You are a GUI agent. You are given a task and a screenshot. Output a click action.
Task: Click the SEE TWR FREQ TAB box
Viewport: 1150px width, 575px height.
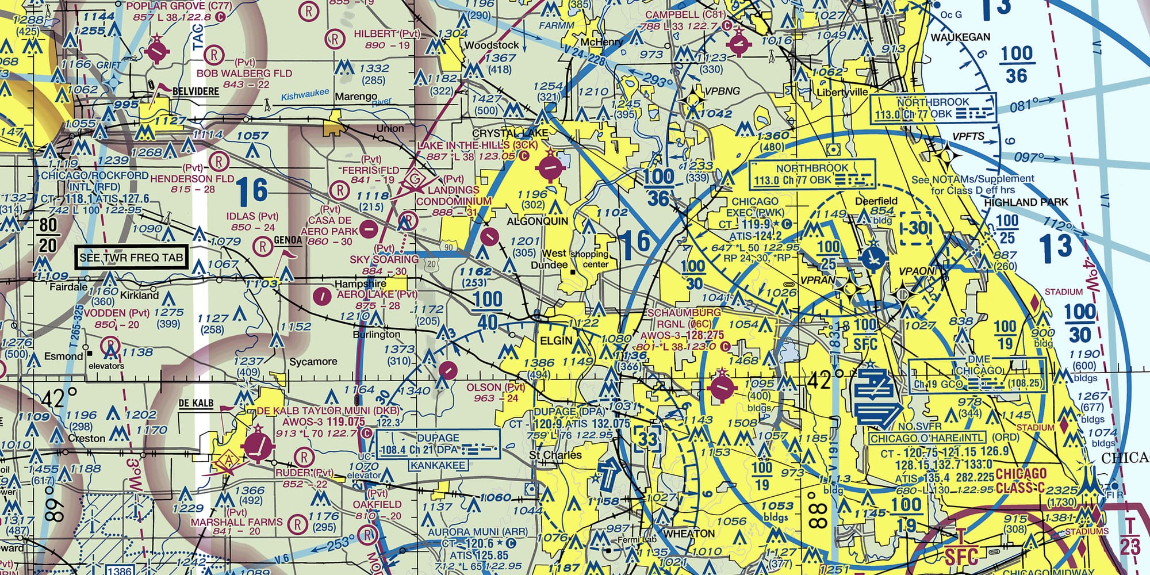point(132,257)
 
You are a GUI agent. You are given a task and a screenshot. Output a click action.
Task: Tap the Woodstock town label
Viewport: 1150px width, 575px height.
point(491,45)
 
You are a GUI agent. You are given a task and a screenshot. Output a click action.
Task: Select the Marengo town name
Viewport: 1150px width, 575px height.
point(356,96)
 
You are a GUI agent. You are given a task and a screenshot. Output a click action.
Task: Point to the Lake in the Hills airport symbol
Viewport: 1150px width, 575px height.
point(551,168)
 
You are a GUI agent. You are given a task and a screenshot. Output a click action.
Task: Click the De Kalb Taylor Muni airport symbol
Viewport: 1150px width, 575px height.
point(258,446)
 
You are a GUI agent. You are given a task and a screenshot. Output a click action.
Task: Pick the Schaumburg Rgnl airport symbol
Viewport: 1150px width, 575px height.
point(721,388)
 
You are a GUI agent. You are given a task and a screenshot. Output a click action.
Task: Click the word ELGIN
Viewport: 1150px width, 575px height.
point(556,340)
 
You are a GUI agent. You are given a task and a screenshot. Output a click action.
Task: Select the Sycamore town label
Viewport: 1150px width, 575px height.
point(313,362)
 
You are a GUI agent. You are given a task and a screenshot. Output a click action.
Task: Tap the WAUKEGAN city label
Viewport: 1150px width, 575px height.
point(960,37)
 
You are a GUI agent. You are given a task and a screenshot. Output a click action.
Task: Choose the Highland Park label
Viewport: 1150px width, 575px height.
point(1026,202)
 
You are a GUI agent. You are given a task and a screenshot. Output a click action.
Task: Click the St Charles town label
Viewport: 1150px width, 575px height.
point(555,455)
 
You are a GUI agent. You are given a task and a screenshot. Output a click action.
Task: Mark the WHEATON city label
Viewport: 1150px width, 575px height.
point(689,534)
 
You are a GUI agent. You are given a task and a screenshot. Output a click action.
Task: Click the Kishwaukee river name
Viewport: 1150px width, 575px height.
point(305,94)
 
